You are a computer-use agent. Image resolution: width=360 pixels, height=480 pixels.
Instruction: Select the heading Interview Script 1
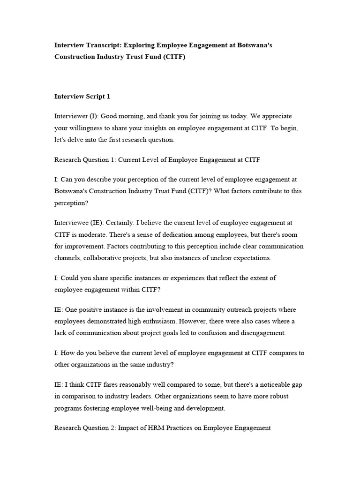pyautogui.click(x=82, y=97)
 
